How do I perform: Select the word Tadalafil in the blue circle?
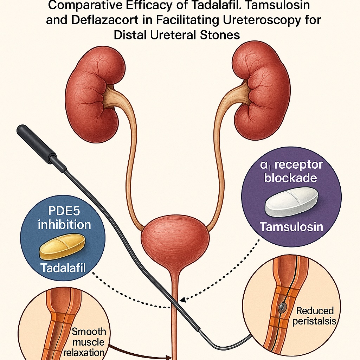pos(63,268)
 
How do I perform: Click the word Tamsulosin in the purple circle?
pos(291,227)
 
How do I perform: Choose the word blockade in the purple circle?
pos(290,178)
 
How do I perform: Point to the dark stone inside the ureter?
pos(281,308)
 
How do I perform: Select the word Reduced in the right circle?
pos(315,311)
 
